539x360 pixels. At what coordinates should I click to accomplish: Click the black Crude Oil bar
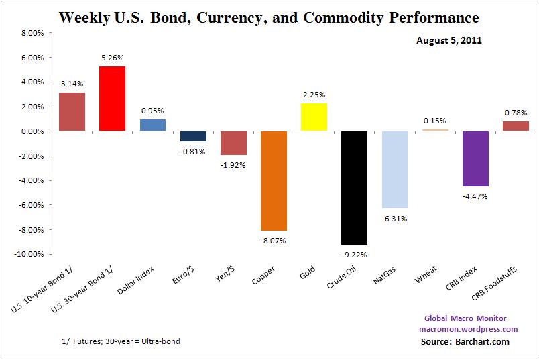[x=354, y=188]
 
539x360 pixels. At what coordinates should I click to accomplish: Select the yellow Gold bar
[x=314, y=117]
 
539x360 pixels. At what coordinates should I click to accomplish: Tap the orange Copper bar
[x=274, y=181]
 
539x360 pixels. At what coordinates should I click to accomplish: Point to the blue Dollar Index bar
[x=152, y=125]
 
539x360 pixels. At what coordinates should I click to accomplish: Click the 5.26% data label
[x=112, y=58]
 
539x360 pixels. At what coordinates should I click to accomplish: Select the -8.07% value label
[x=274, y=239]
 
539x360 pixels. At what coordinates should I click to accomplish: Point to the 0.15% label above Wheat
[x=435, y=121]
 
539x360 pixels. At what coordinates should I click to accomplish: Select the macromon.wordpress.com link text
[x=467, y=329]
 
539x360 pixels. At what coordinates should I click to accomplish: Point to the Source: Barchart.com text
[x=466, y=341]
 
